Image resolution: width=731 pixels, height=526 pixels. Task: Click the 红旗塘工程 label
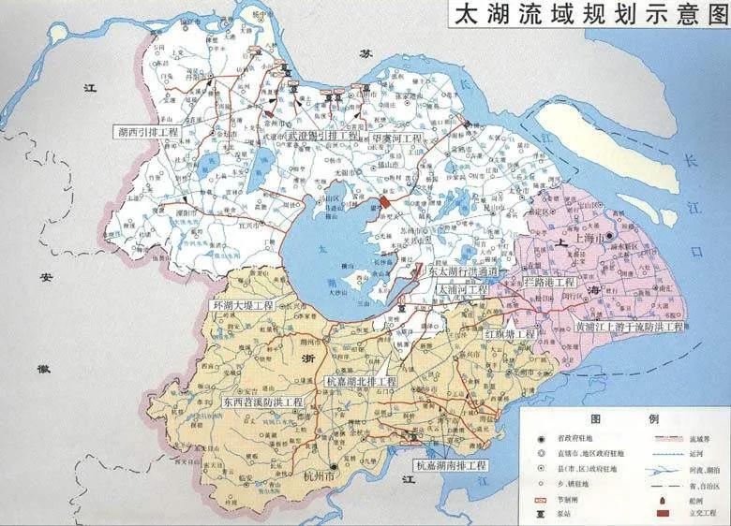click(x=510, y=334)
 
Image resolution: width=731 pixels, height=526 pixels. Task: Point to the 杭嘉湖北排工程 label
click(x=361, y=383)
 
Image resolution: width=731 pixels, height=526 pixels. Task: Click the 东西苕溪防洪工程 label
click(x=262, y=402)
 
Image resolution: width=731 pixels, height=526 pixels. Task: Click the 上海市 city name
click(x=590, y=241)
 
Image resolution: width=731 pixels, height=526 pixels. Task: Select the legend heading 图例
click(x=619, y=418)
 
